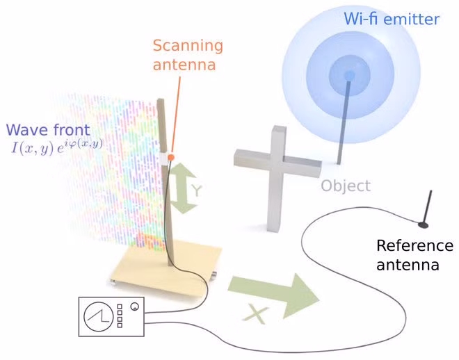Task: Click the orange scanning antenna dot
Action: click(171, 157)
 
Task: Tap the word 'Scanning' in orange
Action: click(188, 47)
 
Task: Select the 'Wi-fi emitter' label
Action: click(392, 19)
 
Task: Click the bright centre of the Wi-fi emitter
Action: click(349, 76)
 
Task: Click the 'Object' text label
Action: click(346, 186)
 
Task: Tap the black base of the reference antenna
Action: click(424, 225)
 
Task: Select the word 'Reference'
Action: click(414, 245)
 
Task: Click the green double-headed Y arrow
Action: click(182, 188)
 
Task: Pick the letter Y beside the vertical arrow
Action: click(197, 190)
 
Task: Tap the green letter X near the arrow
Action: click(255, 314)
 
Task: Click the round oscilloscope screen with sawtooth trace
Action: click(98, 316)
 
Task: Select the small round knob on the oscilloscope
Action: click(135, 306)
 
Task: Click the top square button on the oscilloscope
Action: click(120, 306)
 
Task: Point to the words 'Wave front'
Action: click(48, 130)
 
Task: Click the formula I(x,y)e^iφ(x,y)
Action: click(57, 147)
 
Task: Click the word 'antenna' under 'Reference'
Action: click(408, 265)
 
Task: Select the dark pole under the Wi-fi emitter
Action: click(344, 122)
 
